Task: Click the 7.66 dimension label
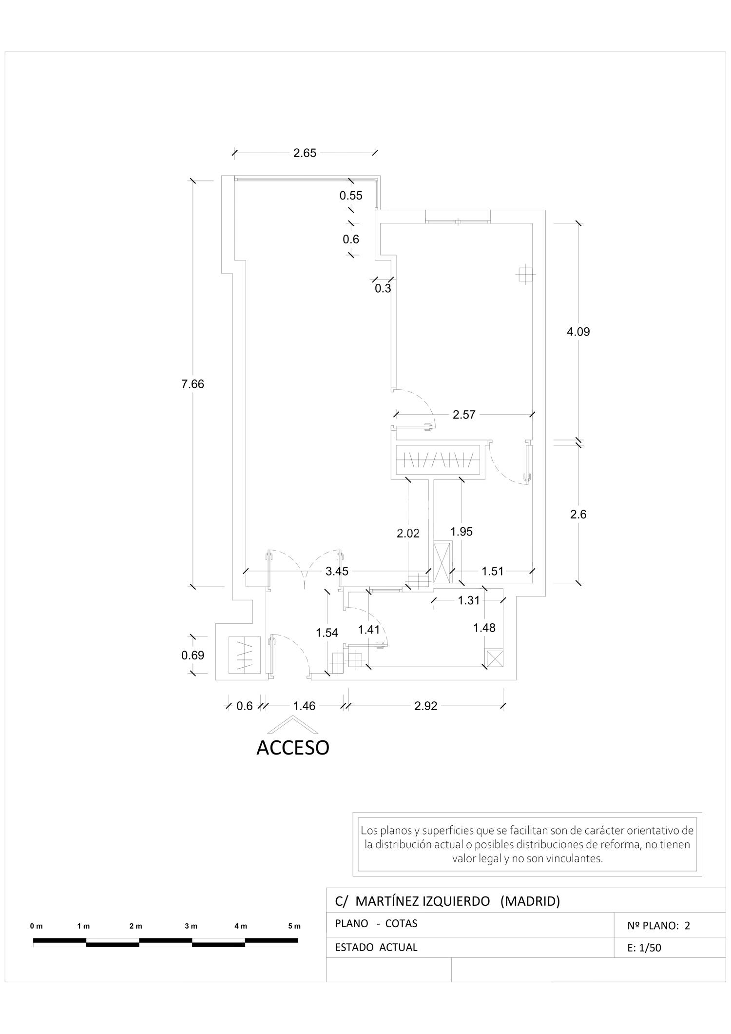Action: point(192,384)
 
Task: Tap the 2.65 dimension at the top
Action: point(305,153)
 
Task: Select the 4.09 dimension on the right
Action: point(578,332)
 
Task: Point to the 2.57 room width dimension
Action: point(463,415)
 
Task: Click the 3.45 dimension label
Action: point(337,571)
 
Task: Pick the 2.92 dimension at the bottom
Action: point(425,706)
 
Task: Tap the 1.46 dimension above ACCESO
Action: point(304,706)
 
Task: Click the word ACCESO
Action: point(292,748)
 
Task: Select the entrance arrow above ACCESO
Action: point(292,725)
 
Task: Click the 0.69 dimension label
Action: point(192,655)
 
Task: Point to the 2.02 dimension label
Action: point(408,533)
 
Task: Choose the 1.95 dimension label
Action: point(462,531)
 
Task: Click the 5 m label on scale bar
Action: point(294,926)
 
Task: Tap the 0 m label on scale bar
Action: point(36,926)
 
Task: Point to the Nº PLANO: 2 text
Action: point(658,926)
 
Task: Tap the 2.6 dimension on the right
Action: point(578,514)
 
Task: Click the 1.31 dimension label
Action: point(469,600)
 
